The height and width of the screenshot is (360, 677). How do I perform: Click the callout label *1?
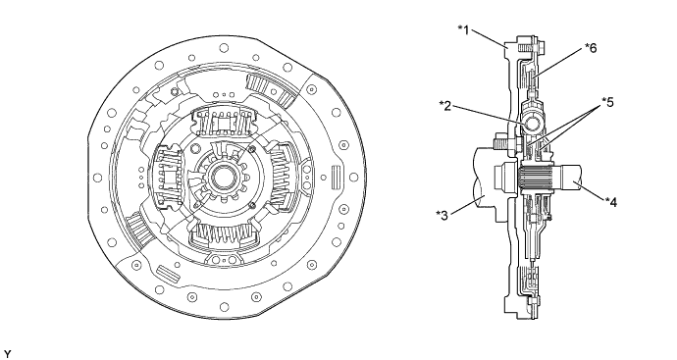click(x=463, y=30)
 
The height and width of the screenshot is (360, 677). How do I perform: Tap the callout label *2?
click(x=445, y=105)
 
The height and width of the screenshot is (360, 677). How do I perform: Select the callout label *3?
click(x=443, y=215)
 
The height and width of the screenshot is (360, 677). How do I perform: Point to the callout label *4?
click(x=611, y=201)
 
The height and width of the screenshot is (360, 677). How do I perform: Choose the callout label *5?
click(x=607, y=102)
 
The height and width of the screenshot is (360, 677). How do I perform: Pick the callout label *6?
click(x=591, y=47)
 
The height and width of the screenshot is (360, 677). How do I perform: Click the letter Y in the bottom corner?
click(x=7, y=354)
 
